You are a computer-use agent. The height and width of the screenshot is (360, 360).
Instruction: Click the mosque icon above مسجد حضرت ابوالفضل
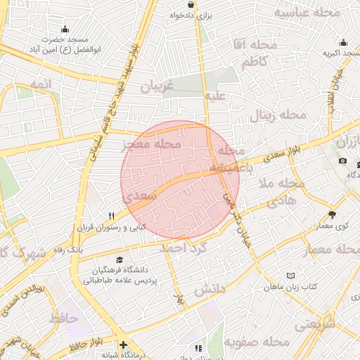coord(65,29)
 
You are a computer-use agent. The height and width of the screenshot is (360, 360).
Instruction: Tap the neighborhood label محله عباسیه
coord(306,13)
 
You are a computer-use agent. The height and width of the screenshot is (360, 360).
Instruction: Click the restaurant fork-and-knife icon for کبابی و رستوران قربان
coord(111,216)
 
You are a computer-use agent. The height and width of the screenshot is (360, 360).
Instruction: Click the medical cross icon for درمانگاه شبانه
coord(124,345)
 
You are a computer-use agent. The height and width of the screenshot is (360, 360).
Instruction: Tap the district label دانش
coord(209,289)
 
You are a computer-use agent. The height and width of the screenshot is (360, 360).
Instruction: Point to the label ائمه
coord(41,84)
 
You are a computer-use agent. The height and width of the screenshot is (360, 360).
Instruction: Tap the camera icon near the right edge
coord(342,161)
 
